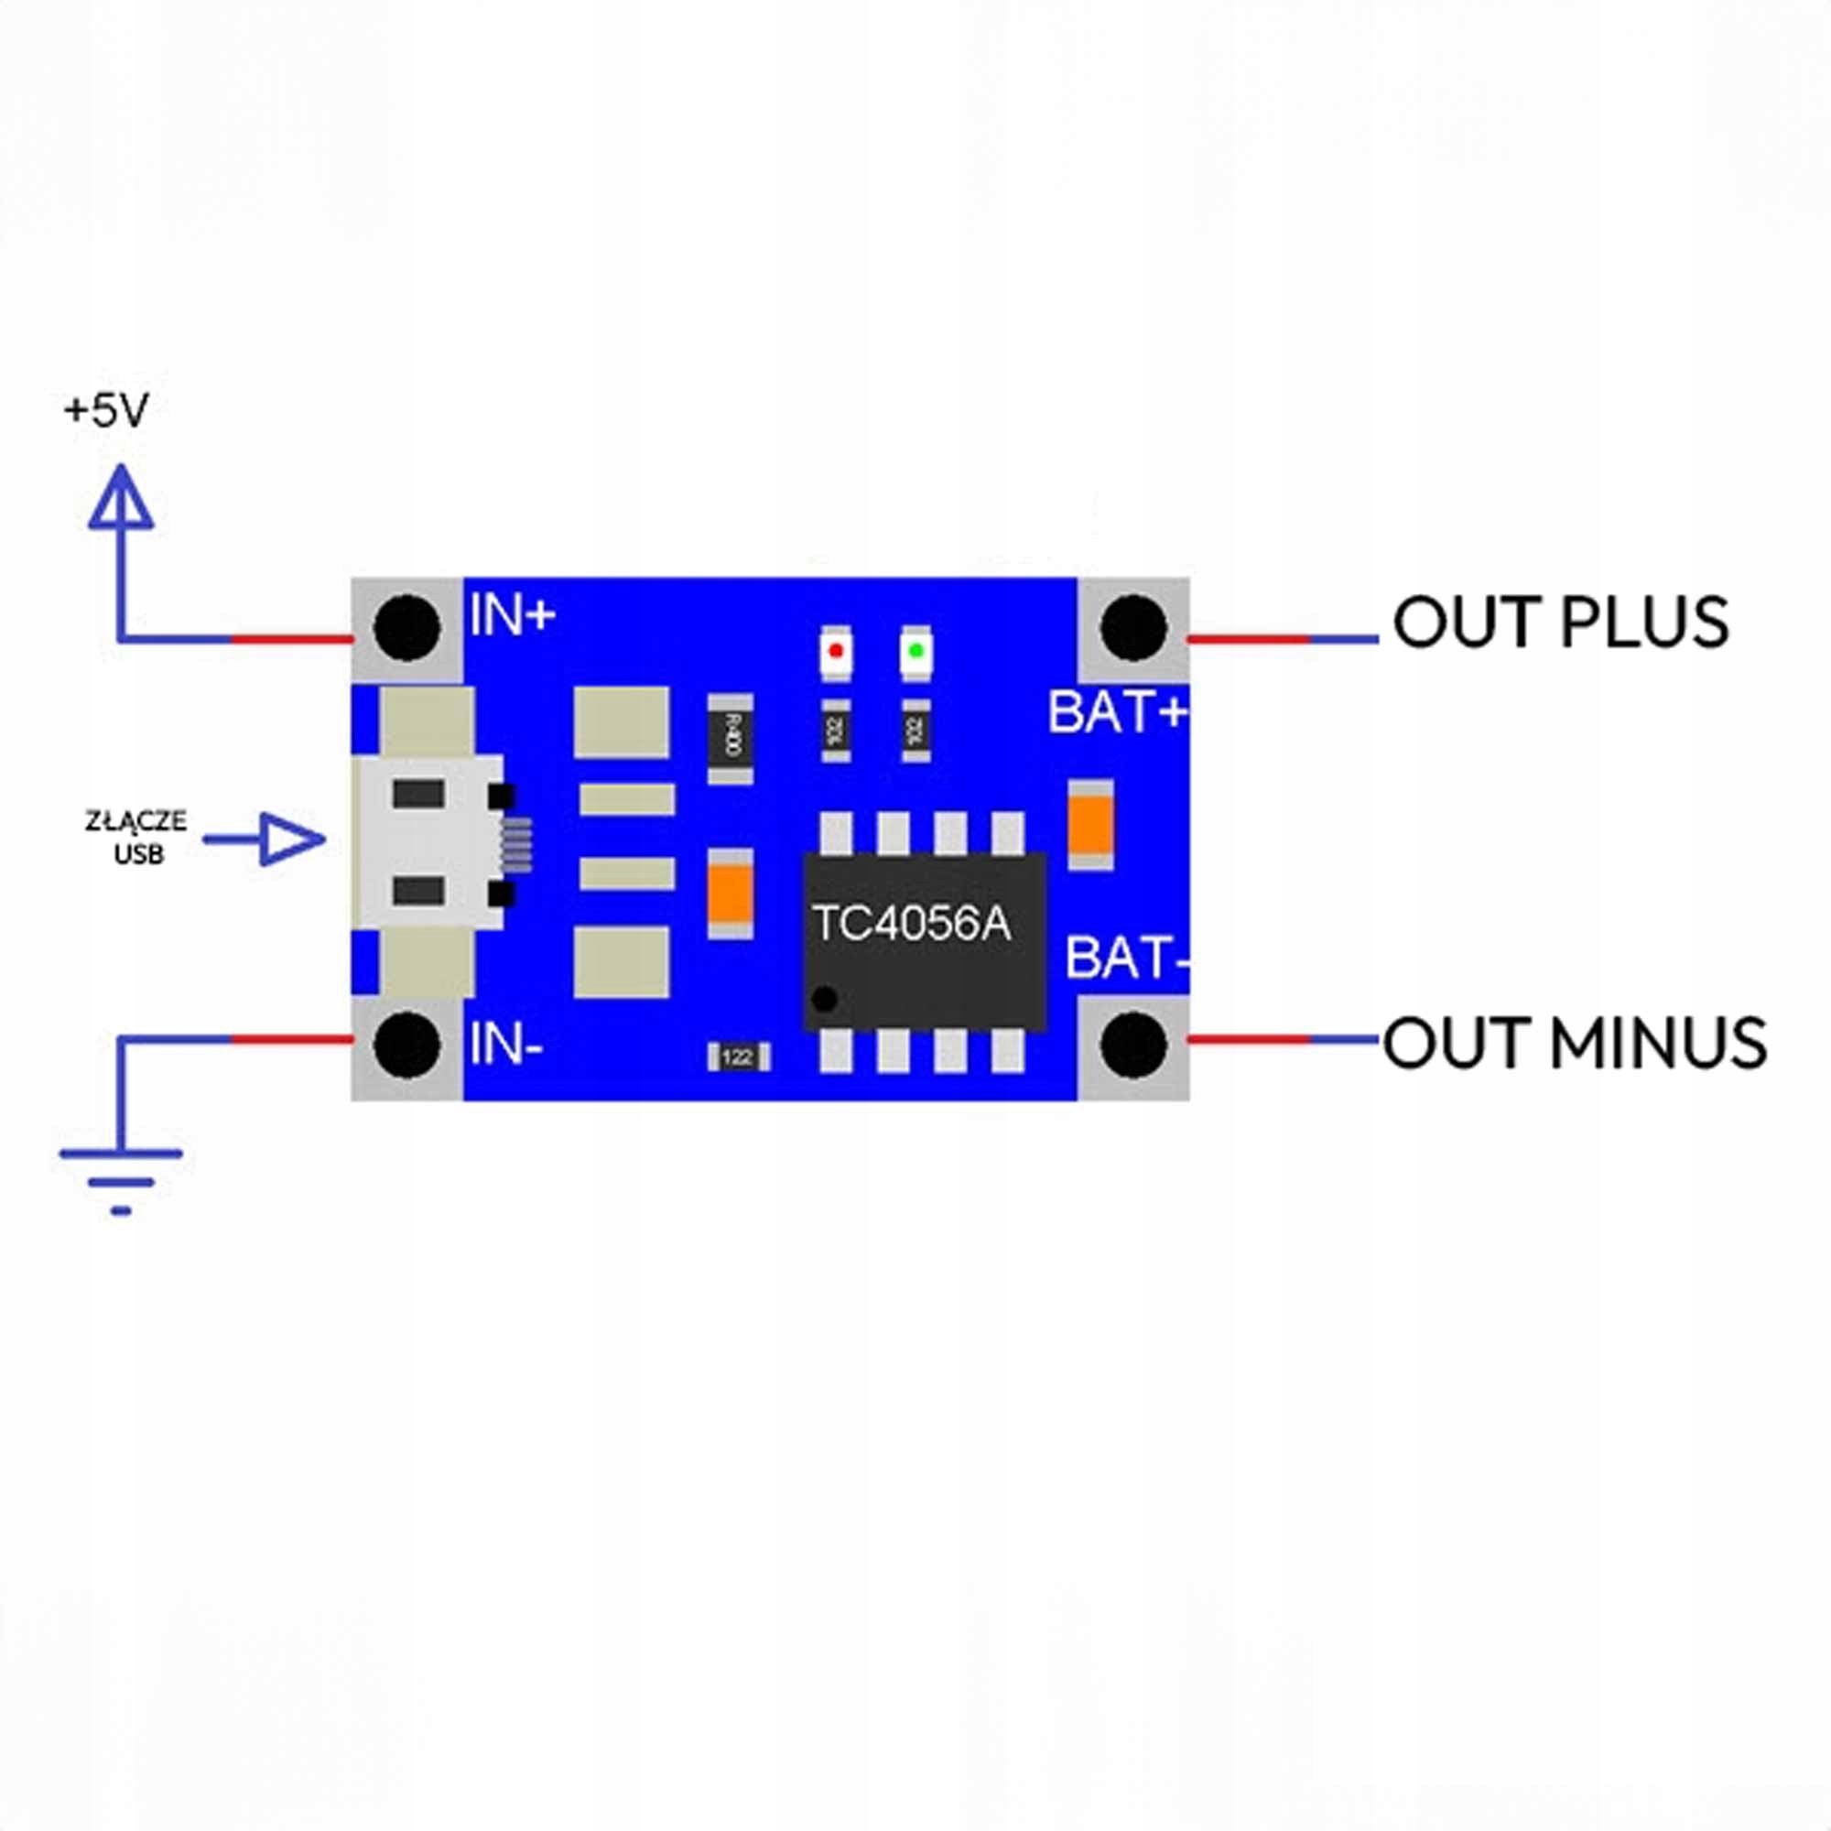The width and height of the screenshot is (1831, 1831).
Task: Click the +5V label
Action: [x=105, y=410]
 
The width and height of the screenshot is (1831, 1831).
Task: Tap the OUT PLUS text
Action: [x=1560, y=623]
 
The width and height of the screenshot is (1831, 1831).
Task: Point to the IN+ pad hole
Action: [x=407, y=627]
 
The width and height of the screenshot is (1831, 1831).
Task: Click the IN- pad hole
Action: [x=407, y=1044]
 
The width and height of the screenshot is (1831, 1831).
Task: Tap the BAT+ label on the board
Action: [x=1116, y=712]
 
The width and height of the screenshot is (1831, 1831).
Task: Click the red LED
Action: [x=836, y=651]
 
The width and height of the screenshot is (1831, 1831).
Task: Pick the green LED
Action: [x=915, y=651]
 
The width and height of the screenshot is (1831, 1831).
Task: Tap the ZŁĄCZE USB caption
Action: [x=137, y=838]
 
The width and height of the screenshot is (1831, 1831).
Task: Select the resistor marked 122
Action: [x=738, y=1056]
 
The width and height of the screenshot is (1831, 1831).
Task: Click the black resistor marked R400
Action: [x=731, y=738]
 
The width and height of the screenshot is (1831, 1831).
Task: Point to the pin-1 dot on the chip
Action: [x=826, y=998]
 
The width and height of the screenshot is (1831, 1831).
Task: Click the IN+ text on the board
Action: [x=512, y=616]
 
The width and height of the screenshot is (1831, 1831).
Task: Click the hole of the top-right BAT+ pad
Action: [x=1133, y=627]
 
